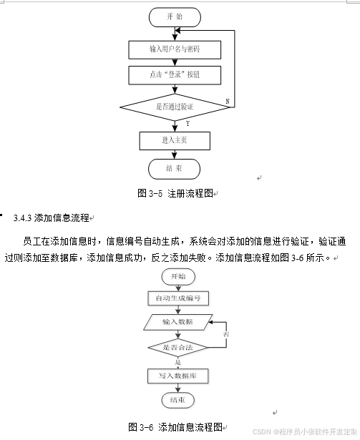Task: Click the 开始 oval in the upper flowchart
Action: pos(175,16)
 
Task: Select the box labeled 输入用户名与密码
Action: pos(175,49)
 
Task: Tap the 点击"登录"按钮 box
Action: pos(175,74)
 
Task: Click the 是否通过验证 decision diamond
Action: pos(175,107)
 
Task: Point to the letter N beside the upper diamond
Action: pos(227,102)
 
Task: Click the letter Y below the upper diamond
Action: pos(187,124)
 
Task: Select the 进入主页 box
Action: pos(175,140)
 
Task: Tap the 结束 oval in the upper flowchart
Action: pos(175,169)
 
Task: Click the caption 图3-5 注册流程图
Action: pos(176,193)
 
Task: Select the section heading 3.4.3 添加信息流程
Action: pos(52,217)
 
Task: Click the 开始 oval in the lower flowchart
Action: pos(178,276)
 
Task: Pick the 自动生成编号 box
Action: pos(178,298)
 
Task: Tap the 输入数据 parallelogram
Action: pos(178,322)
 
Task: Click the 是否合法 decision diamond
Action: pos(177,348)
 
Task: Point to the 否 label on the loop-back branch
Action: pos(226,335)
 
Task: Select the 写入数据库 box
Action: pos(178,375)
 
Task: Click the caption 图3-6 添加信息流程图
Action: pos(176,426)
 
